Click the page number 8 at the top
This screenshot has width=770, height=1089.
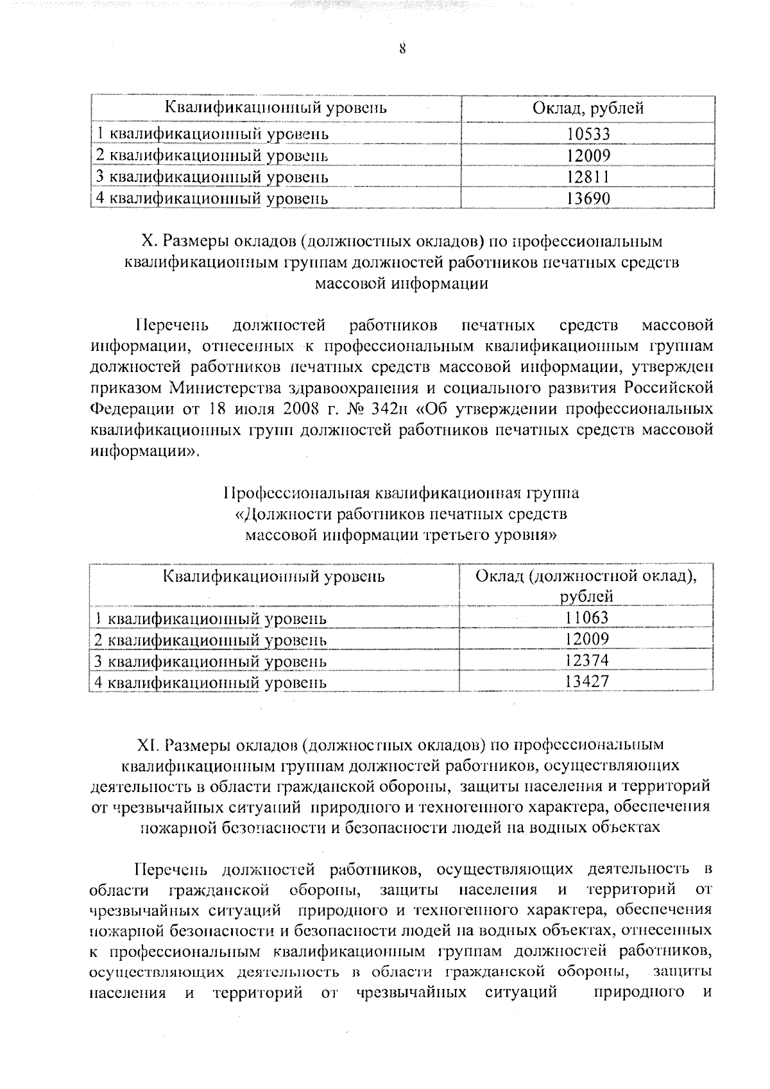click(x=402, y=49)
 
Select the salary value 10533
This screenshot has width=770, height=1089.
click(x=588, y=134)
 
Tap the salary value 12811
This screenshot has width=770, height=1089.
click(x=588, y=176)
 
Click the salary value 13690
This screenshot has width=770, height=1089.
click(x=588, y=198)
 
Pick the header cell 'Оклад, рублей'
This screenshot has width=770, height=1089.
click(x=588, y=108)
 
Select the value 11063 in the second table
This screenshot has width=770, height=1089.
click(x=586, y=617)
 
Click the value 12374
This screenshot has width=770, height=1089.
click(x=586, y=660)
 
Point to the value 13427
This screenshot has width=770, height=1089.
click(x=586, y=681)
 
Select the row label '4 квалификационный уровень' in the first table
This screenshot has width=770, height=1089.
click(x=212, y=198)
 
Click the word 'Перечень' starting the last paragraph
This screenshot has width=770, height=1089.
click(x=171, y=870)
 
